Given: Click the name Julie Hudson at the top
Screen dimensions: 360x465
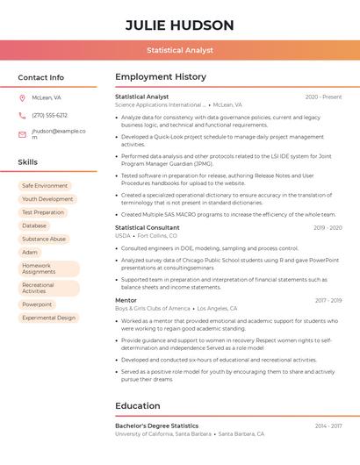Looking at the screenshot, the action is tap(180, 25).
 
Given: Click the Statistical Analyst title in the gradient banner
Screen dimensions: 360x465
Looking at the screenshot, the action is tap(180, 51).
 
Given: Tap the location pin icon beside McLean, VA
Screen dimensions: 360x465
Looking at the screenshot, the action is tap(22, 97).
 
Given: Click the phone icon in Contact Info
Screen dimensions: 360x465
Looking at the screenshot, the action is tap(22, 115).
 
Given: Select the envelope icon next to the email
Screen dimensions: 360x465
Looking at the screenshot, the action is tap(22, 134).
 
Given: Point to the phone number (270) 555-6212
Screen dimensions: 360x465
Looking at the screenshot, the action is tap(50, 115).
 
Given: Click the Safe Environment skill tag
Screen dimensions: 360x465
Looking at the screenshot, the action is tap(45, 186).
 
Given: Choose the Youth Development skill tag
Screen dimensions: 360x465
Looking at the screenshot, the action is tap(47, 199).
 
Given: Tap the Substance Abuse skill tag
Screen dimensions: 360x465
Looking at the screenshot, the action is tap(44, 239).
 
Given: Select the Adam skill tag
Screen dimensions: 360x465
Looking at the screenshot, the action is tap(30, 252).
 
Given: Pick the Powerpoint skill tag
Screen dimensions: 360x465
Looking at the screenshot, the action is tap(37, 304).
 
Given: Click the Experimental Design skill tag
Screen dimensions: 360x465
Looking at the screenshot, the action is tap(48, 318).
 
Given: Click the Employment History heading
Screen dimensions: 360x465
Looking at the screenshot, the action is tap(161, 77).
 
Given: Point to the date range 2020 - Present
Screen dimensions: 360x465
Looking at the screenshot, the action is tap(323, 97).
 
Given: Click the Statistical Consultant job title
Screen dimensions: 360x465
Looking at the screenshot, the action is tap(147, 227).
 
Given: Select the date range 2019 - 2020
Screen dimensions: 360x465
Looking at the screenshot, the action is tap(328, 227).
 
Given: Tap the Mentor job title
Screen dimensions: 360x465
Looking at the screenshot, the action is tap(126, 300).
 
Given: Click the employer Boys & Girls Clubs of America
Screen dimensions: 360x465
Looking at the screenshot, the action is tap(153, 309).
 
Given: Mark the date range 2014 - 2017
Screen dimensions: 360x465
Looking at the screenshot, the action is tap(328, 426).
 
